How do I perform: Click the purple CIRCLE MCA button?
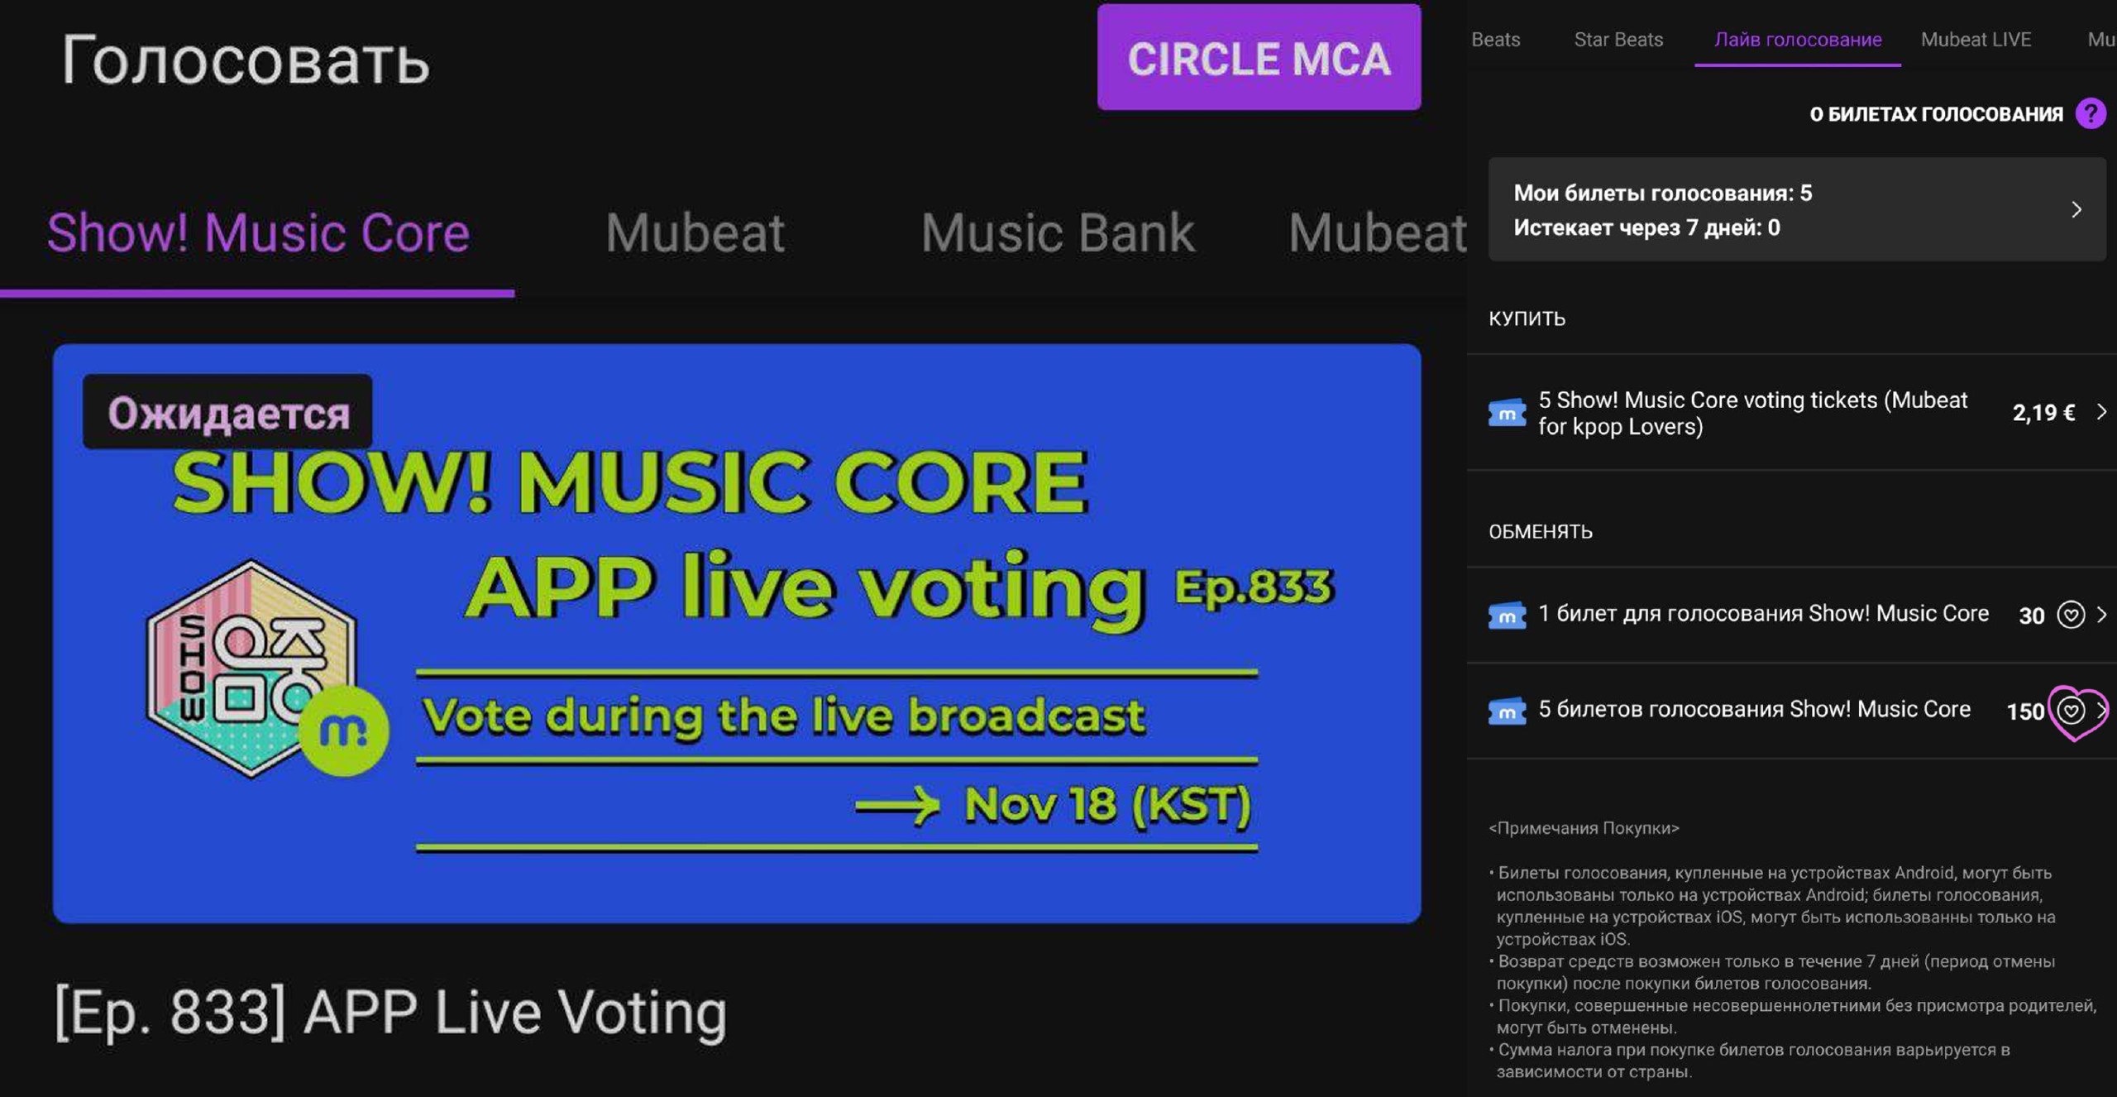[x=1259, y=57]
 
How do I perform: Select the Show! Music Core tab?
[x=258, y=232]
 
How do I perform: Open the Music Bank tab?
[x=1058, y=232]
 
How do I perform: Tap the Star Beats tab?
[x=1618, y=39]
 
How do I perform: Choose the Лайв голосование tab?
[x=1798, y=40]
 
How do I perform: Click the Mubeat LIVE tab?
[x=1976, y=39]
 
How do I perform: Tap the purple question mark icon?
[x=2091, y=113]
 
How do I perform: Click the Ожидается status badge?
[x=227, y=412]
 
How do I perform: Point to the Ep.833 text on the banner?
[x=1254, y=587]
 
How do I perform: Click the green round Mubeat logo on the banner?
[x=343, y=731]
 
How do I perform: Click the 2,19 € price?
[x=2043, y=413]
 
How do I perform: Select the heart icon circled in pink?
[x=2071, y=711]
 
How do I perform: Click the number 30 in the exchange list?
[x=2032, y=616]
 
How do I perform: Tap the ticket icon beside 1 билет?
[x=1507, y=615]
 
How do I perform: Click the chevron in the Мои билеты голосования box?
[x=2076, y=209]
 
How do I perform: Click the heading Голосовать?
[x=246, y=60]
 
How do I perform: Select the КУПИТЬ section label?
[x=1527, y=319]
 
